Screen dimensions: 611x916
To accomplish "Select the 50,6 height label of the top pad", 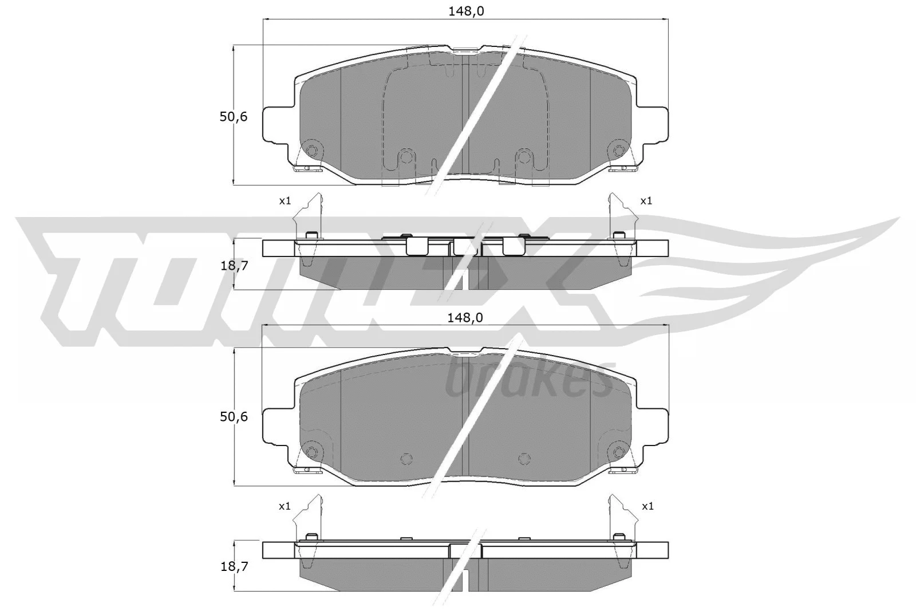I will coord(233,117).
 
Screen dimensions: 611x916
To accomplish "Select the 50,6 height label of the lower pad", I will coord(233,417).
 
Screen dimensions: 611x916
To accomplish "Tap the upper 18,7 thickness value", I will coord(233,265).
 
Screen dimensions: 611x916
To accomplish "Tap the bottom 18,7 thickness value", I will coord(233,567).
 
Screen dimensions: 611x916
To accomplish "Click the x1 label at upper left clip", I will coord(285,200).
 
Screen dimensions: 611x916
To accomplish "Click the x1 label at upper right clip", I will coord(646,200).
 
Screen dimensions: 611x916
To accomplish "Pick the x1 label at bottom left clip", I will coord(285,506).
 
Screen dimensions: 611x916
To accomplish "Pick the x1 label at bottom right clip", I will coord(647,506).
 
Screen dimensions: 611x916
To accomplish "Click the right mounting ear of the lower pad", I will coord(653,425).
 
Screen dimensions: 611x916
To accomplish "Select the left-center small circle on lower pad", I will coord(406,458).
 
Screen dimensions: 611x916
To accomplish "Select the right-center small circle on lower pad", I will coord(523,458).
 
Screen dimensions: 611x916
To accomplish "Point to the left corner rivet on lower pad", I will coord(311,452).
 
